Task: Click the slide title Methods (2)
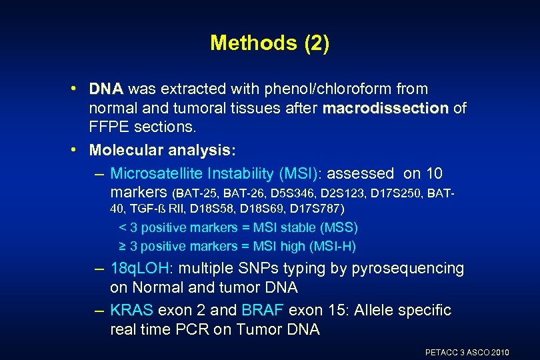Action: coord(269,43)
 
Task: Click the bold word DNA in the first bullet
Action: coord(107,89)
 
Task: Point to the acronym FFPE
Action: coord(110,127)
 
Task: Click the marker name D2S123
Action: coord(344,194)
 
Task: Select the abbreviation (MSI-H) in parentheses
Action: coord(333,246)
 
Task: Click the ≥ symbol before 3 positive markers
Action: coord(122,246)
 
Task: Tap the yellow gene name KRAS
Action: coord(131,311)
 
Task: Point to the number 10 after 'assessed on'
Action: coord(433,174)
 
